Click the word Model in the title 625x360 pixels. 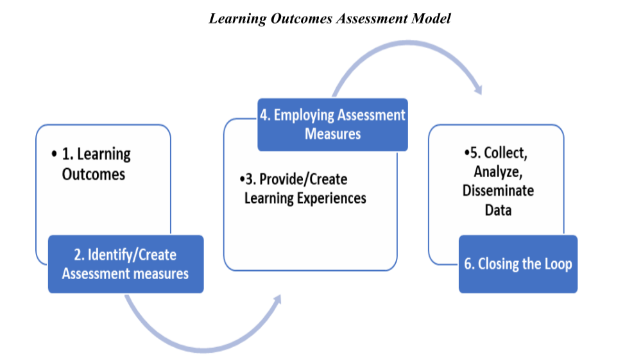click(x=429, y=18)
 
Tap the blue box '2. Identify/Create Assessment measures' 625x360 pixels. click(x=126, y=264)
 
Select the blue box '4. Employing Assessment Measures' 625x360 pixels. click(x=332, y=124)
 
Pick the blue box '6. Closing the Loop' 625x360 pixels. click(x=517, y=264)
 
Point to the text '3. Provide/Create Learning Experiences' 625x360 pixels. click(x=302, y=189)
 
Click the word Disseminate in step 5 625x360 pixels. click(x=498, y=191)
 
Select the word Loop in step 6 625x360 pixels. click(x=556, y=264)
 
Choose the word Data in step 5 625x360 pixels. click(x=498, y=209)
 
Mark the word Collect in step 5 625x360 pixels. click(x=504, y=153)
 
